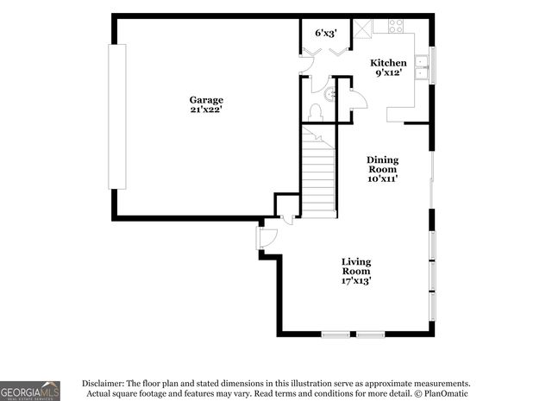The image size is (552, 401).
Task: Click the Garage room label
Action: click(x=206, y=99)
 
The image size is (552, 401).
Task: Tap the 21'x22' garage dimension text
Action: click(x=206, y=110)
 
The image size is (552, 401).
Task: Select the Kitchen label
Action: click(x=388, y=63)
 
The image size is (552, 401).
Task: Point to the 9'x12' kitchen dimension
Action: click(x=388, y=73)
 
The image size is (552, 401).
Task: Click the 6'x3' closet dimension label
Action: click(x=325, y=33)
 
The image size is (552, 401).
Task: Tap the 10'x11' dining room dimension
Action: click(x=382, y=179)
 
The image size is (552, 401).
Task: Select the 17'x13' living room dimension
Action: click(x=356, y=280)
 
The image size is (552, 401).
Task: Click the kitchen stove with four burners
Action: click(x=396, y=26)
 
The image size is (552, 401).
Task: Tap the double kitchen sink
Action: click(x=422, y=67)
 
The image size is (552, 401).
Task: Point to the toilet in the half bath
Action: click(x=316, y=111)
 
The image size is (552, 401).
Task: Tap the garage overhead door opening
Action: click(x=110, y=116)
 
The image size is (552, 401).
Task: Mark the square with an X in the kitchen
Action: click(x=363, y=26)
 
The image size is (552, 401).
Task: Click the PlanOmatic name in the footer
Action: click(x=444, y=394)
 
